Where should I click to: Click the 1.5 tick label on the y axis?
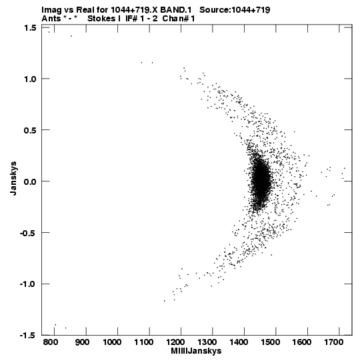(x=30, y=28)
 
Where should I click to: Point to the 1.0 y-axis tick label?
(x=30, y=79)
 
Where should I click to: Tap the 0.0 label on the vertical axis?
(x=30, y=182)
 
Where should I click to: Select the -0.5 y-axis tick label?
(x=28, y=233)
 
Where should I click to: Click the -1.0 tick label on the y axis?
(x=28, y=284)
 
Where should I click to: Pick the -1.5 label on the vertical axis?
(x=28, y=336)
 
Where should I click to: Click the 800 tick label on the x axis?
(x=51, y=342)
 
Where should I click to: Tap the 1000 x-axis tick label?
(x=112, y=342)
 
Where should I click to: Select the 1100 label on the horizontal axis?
(x=143, y=342)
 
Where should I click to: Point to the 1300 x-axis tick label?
(x=207, y=342)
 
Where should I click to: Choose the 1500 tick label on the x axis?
(x=270, y=342)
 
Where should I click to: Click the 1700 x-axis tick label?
(x=333, y=342)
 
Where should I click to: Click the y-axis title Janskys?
(x=13, y=178)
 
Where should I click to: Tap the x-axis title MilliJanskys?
(x=196, y=351)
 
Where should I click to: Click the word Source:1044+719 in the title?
(x=235, y=10)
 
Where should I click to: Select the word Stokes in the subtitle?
(x=101, y=19)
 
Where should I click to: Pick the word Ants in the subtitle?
(x=51, y=19)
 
